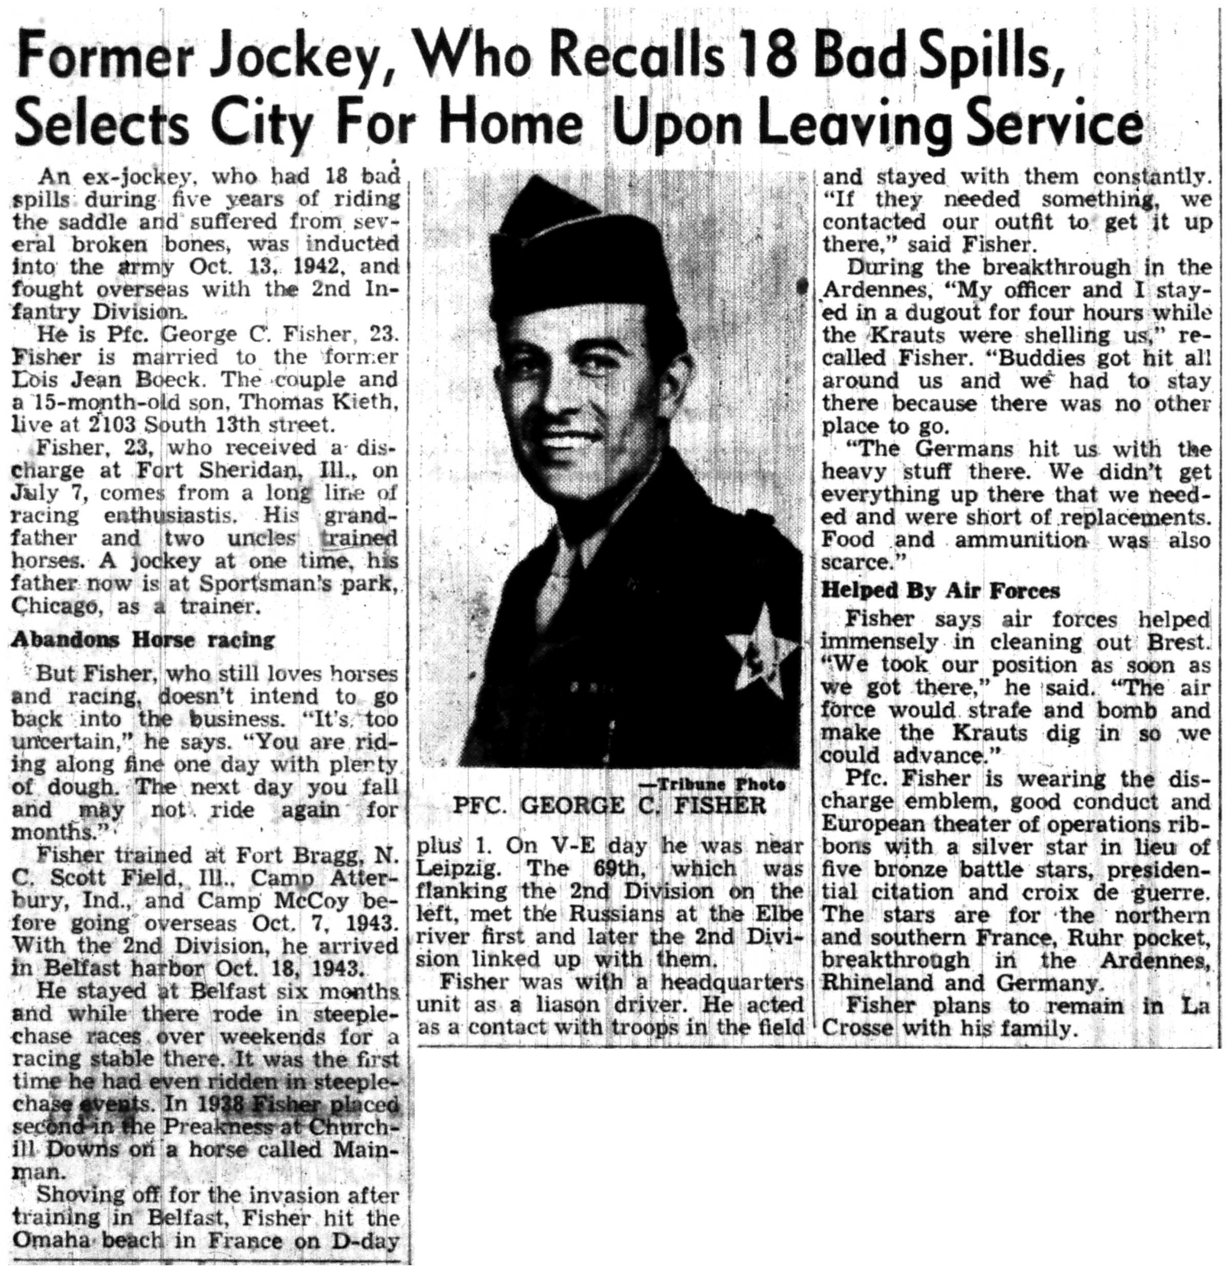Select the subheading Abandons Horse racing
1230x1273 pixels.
[x=143, y=640]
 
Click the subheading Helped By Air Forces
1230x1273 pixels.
[x=940, y=590]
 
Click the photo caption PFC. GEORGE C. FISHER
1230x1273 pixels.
[x=609, y=806]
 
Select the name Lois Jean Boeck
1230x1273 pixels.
[x=109, y=380]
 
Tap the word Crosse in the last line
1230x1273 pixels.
[x=858, y=1029]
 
